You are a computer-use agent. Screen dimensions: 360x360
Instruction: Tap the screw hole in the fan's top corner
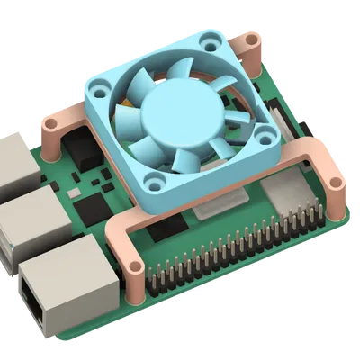coord(211,40)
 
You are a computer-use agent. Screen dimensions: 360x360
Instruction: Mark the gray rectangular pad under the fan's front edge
coord(215,210)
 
